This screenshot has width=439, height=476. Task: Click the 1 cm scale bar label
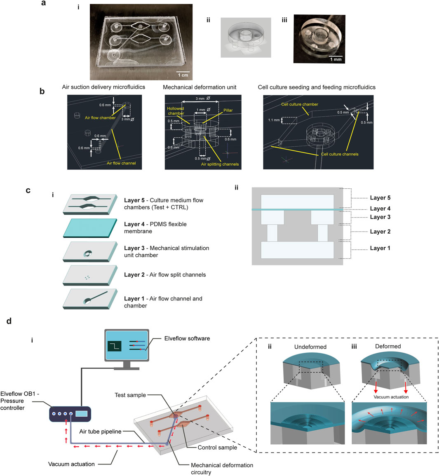[183, 75]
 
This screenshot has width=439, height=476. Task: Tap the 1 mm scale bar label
[336, 59]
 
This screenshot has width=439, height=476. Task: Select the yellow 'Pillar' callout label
[228, 110]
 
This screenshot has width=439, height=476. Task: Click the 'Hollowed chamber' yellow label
[176, 111]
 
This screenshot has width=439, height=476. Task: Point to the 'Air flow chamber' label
[100, 118]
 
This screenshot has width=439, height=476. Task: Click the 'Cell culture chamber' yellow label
[300, 104]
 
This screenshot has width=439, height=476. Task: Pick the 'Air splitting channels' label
[220, 164]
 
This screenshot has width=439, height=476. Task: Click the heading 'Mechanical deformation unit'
[200, 87]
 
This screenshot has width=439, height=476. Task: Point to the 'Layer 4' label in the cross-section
[380, 209]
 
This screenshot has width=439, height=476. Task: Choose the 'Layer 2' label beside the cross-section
[380, 232]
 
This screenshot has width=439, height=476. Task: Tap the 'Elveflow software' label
[187, 338]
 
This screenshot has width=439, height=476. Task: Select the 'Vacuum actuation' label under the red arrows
[71, 464]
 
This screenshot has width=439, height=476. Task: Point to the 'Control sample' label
[217, 448]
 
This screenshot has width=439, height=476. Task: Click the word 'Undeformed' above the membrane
[310, 347]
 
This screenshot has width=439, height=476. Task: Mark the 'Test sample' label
[130, 395]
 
